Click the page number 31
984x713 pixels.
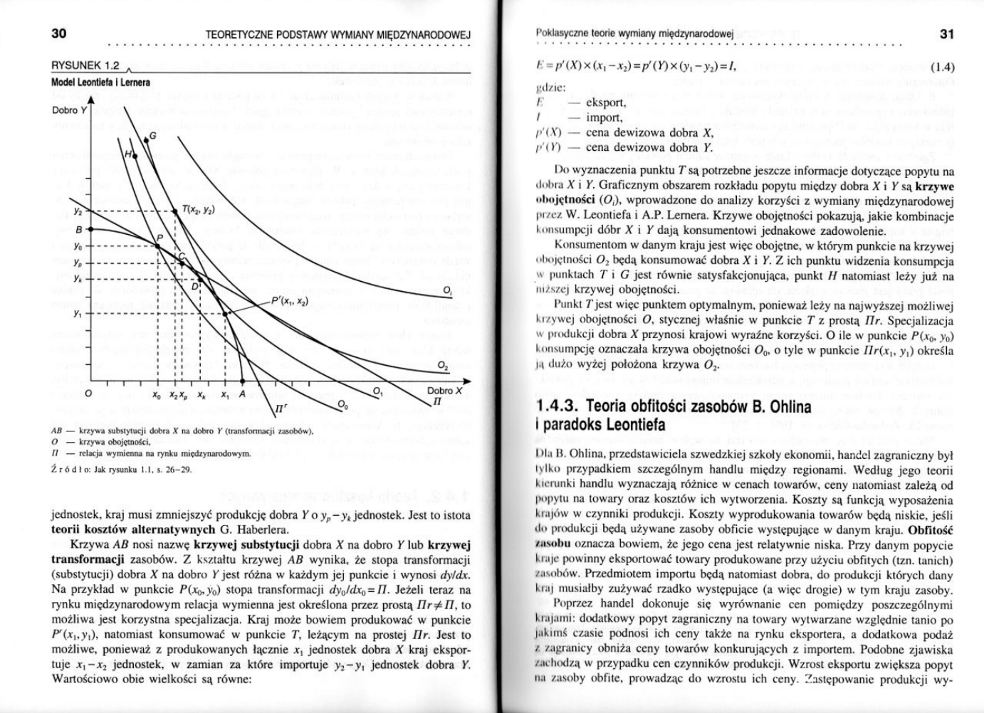pos(946,33)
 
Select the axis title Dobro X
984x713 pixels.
pos(445,391)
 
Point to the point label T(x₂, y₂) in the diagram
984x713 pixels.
pos(197,210)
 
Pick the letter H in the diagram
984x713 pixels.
pos(129,154)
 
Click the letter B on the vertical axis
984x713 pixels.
pos(80,230)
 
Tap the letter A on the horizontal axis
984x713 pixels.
pos(242,394)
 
